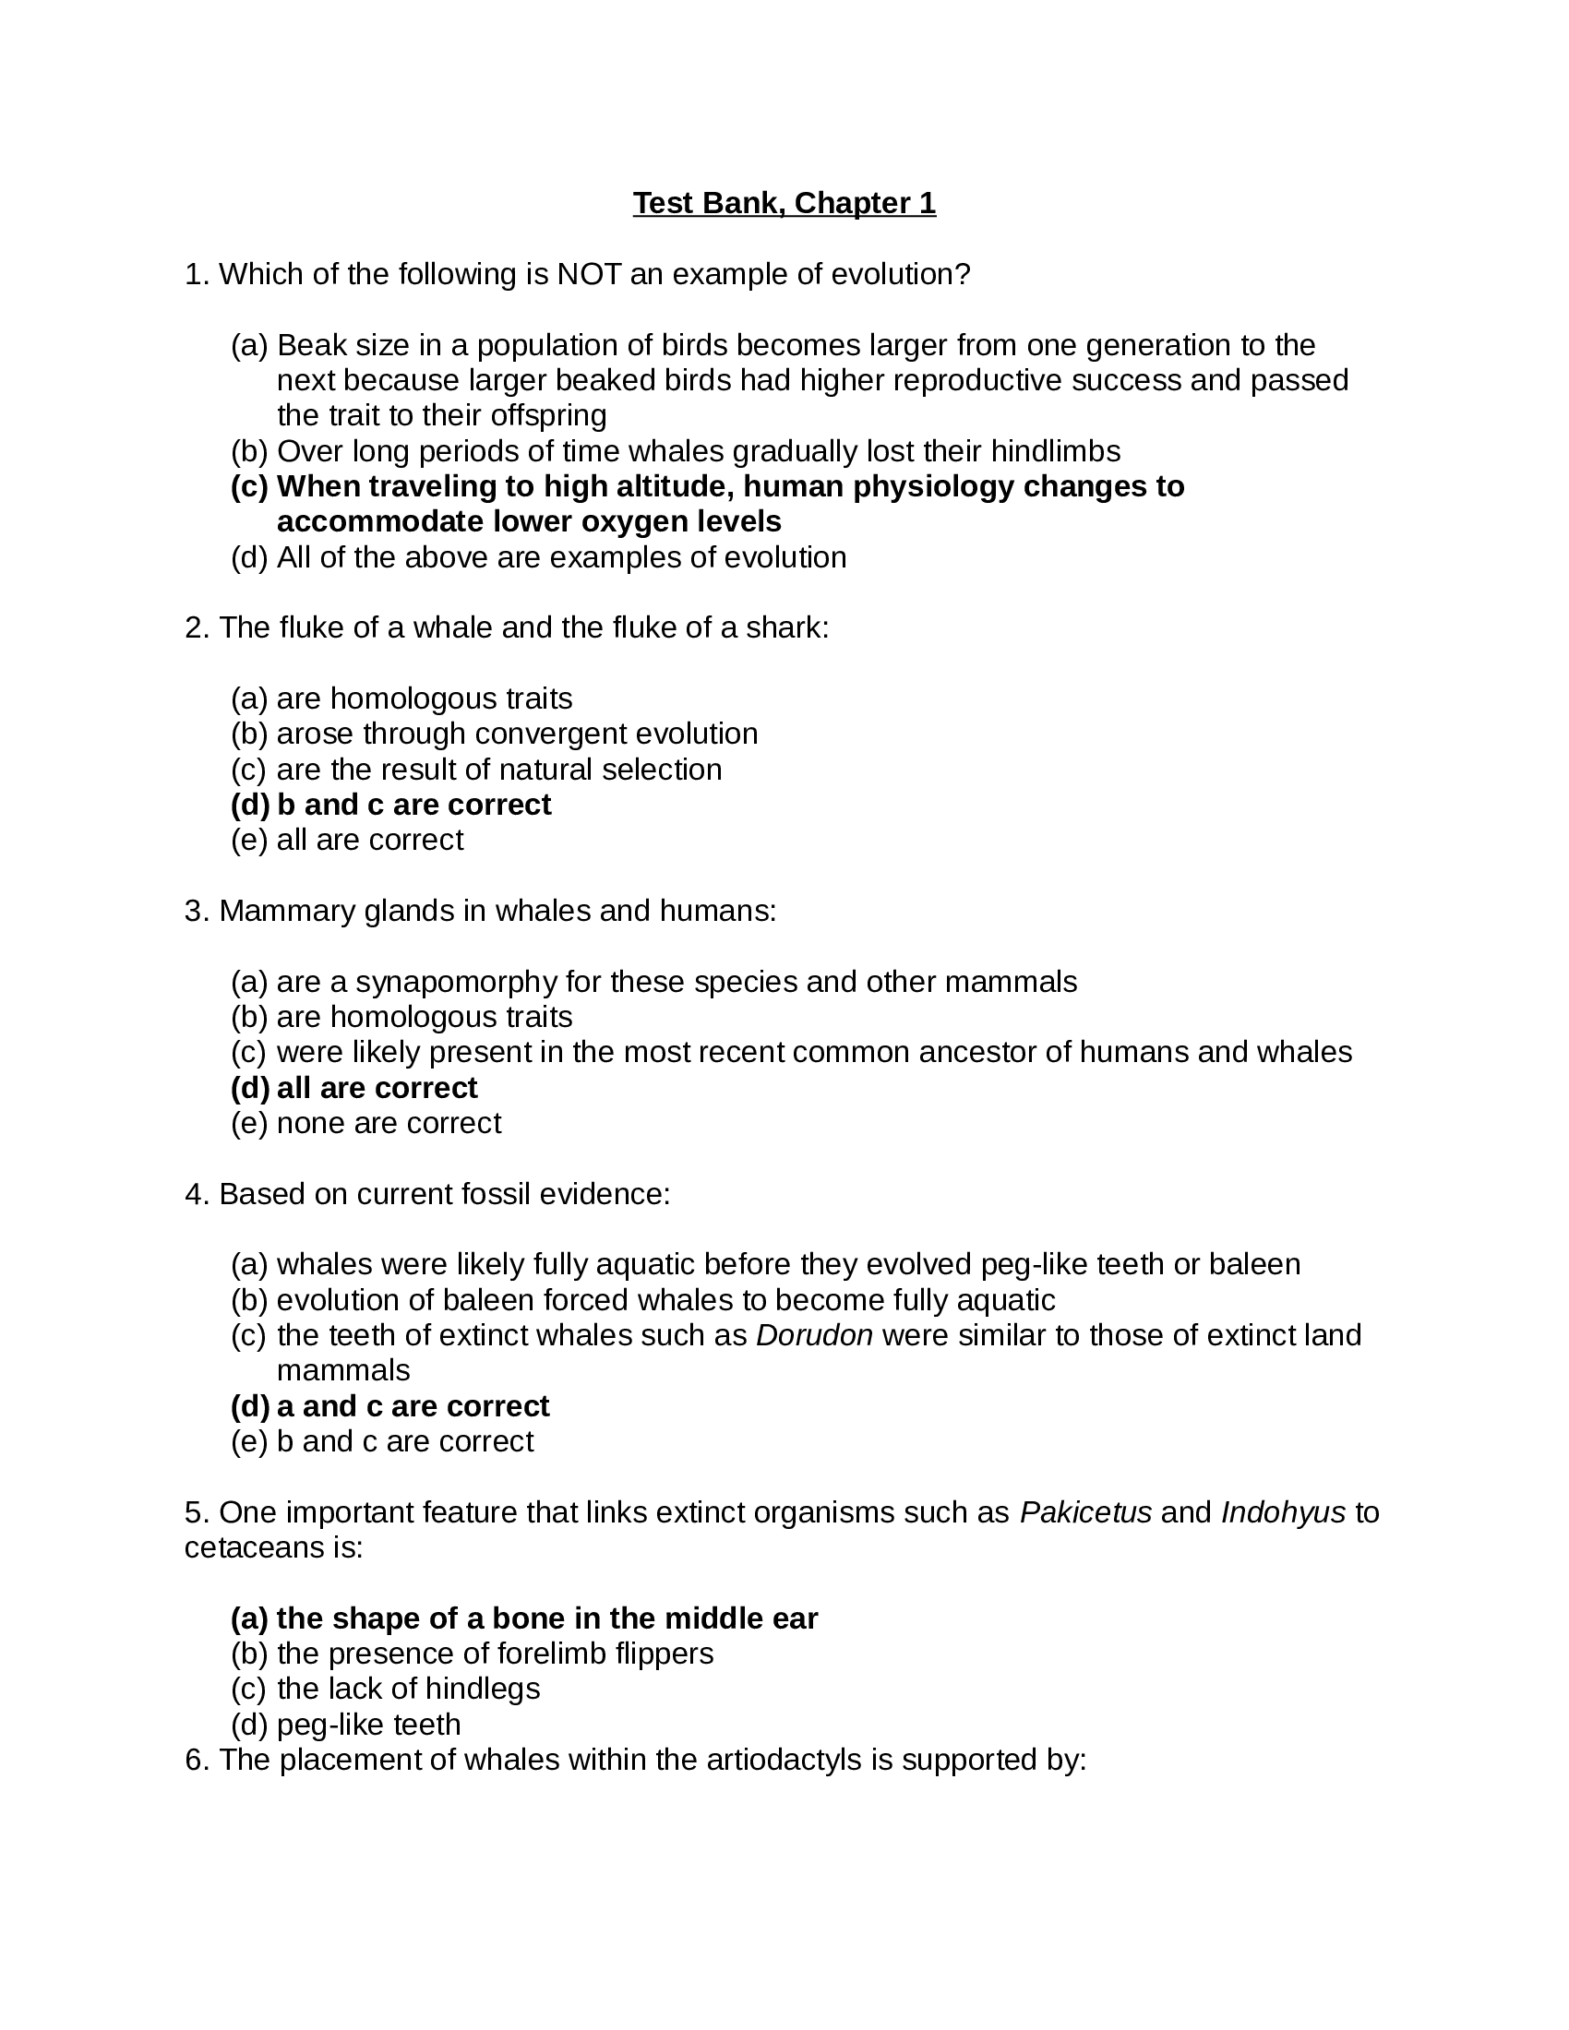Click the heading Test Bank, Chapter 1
coord(784,203)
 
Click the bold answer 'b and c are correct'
coord(413,804)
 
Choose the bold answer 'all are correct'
coord(377,1088)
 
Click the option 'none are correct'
coord(389,1123)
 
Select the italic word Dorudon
coord(814,1335)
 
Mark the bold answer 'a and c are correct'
coord(413,1405)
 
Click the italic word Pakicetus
coord(1085,1512)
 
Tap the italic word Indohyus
coord(1283,1512)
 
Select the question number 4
coord(194,1193)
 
